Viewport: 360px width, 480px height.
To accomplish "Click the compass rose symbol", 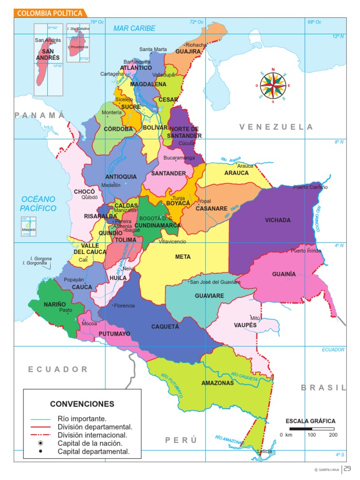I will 273,85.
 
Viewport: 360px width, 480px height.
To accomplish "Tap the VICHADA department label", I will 277,220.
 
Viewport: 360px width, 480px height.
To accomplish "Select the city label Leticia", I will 264,452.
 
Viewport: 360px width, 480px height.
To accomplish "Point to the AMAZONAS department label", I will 217,383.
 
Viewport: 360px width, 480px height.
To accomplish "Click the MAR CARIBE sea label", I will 134,29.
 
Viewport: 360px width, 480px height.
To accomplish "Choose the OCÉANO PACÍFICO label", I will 38,204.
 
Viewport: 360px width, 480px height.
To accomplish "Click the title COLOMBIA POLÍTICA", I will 50,14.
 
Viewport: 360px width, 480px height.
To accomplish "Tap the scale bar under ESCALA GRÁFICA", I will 312,428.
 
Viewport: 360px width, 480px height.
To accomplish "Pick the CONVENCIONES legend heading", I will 82,404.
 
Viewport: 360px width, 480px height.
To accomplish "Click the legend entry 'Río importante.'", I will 82,419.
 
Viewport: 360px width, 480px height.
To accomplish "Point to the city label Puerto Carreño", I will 310,187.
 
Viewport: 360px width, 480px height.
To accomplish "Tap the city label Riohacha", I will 195,45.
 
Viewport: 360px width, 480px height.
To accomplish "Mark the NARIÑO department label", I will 55,305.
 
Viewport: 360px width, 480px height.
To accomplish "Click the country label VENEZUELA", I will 276,127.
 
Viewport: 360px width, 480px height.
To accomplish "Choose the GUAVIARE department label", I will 210,296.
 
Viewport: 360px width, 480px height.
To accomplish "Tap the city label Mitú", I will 255,318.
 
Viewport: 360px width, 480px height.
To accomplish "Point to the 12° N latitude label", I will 338,37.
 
